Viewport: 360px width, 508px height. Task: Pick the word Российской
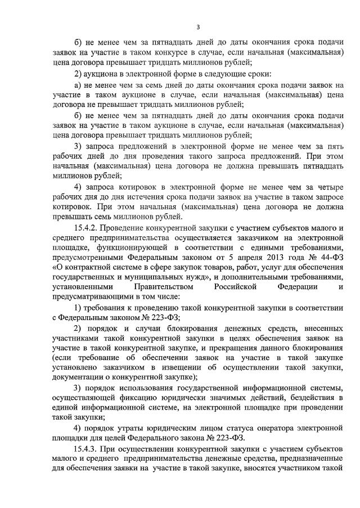pyautogui.click(x=237, y=287)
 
